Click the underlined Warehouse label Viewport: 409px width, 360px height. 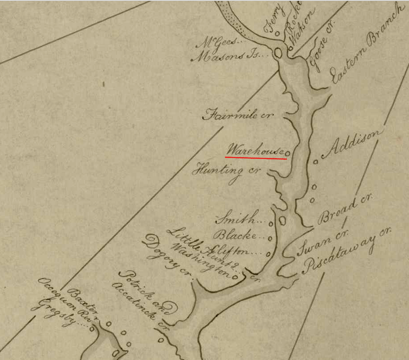click(255, 150)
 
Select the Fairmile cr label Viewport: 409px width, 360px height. click(238, 115)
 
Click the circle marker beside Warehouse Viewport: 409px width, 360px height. click(288, 153)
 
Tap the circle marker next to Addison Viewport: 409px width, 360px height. click(316, 161)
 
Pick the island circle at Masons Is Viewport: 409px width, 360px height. click(279, 53)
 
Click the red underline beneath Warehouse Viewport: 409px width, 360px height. click(256, 158)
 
